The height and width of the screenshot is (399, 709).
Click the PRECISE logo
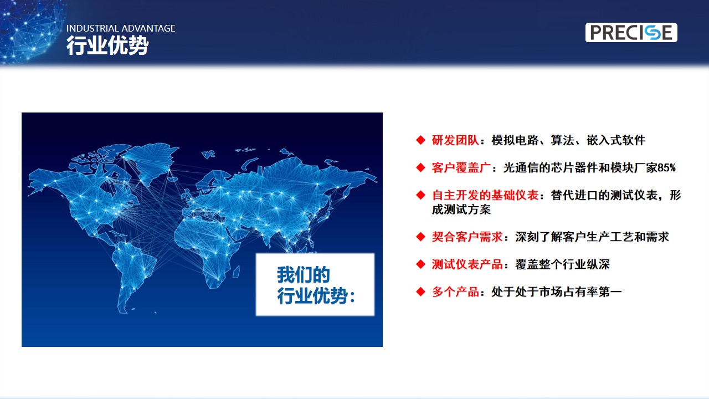click(x=631, y=32)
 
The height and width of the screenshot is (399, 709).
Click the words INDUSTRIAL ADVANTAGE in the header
click(x=121, y=28)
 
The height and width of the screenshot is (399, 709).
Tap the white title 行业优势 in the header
click(x=107, y=45)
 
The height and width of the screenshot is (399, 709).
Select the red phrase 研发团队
click(x=455, y=140)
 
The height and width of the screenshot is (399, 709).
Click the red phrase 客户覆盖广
click(x=461, y=167)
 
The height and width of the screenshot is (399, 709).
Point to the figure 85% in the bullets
click(x=666, y=167)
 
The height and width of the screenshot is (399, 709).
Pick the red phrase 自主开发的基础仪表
click(x=485, y=195)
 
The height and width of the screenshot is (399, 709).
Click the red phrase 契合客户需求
click(x=467, y=237)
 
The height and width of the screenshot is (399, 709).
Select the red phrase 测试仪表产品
click(x=467, y=264)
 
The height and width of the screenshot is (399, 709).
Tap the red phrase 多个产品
click(x=455, y=291)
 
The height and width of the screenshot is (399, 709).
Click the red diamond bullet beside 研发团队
click(x=420, y=140)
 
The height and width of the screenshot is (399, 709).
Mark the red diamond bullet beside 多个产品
click(x=420, y=291)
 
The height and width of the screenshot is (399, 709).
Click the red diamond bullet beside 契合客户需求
click(x=420, y=237)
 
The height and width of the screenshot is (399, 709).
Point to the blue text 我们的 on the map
click(x=303, y=274)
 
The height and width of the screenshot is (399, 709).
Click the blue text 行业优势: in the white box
click(x=316, y=296)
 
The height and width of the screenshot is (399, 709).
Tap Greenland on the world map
click(x=151, y=161)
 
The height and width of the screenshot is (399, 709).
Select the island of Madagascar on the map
click(x=236, y=272)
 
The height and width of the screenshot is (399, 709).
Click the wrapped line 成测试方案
click(x=461, y=209)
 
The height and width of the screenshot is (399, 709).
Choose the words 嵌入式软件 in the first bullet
click(x=615, y=140)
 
